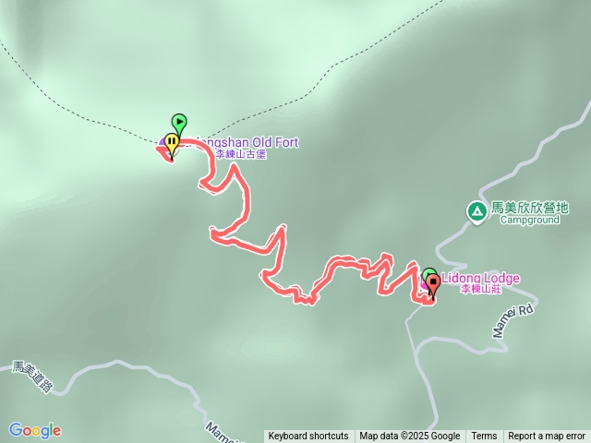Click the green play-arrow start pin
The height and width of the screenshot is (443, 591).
click(179, 122)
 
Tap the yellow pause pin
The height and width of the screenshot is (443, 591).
click(171, 143)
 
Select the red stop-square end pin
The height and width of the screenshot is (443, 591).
click(433, 282)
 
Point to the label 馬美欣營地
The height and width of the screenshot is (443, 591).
click(530, 209)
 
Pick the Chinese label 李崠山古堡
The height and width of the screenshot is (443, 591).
click(240, 154)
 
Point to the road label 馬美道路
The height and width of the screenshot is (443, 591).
click(33, 377)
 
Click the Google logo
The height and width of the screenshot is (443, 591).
click(35, 430)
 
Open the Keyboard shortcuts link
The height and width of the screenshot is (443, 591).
click(308, 437)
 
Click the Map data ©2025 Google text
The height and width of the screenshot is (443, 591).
click(410, 437)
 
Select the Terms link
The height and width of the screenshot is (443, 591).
click(484, 437)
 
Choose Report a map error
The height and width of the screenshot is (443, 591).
click(547, 437)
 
